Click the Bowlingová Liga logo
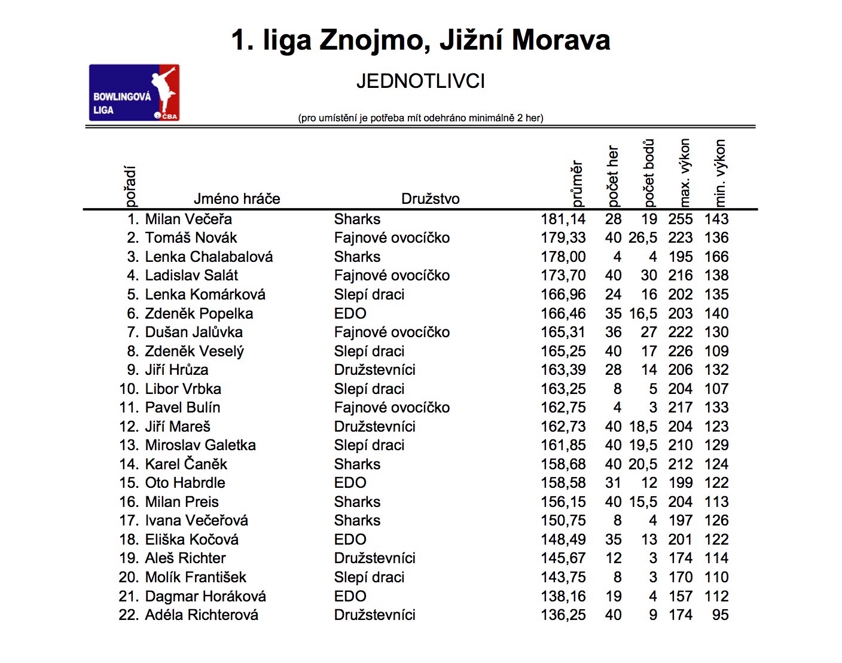[134, 93]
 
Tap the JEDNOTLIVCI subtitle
[420, 81]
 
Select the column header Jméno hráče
[237, 198]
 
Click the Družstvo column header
[430, 198]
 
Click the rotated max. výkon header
[685, 173]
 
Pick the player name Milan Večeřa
[188, 219]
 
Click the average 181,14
[563, 219]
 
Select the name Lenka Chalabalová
[209, 257]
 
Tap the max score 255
[680, 219]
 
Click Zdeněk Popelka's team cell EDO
[350, 314]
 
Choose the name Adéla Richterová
[202, 615]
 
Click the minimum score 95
[720, 615]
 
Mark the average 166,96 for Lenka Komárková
[563, 295]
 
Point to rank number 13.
[129, 445]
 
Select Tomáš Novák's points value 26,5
[642, 238]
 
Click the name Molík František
[196, 578]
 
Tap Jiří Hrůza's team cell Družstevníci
[374, 370]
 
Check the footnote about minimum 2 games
[420, 118]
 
